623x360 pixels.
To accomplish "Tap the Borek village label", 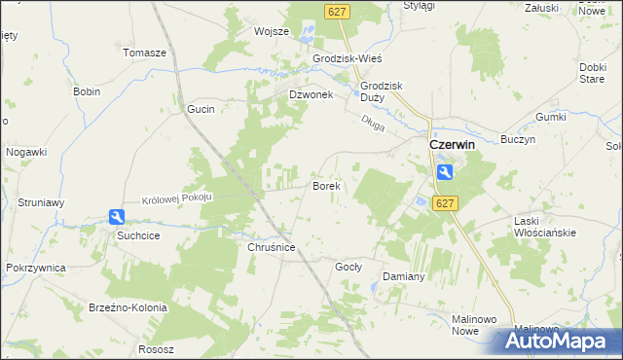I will point(325,185).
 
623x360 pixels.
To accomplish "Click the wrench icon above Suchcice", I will point(117,218).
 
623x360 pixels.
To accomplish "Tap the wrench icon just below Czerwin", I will point(444,172).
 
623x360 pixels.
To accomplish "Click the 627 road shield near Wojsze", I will point(336,11).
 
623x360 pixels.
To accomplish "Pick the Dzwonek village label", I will point(311,94).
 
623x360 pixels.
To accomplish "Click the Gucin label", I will point(201,110).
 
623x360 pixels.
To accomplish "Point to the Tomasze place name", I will point(144,53).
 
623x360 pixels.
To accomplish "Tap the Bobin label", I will point(87,91).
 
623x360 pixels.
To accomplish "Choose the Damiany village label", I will point(403,276).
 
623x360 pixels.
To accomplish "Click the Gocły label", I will point(348,266).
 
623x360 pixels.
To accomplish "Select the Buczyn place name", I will point(519,140).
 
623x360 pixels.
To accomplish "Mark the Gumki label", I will point(550,117).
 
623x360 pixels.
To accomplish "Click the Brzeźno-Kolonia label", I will point(131,307).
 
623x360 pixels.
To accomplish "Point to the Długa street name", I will point(373,123).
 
